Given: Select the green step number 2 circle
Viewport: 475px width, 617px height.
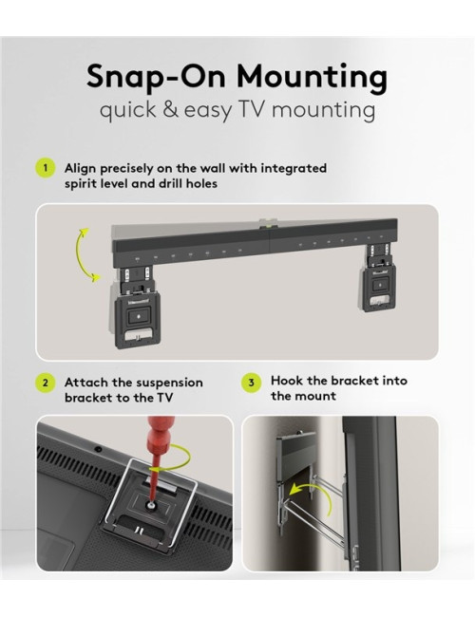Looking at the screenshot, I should click(45, 383).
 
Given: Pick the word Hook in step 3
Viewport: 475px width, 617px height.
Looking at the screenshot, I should click(288, 381).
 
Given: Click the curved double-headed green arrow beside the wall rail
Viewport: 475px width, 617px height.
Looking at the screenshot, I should click(86, 254).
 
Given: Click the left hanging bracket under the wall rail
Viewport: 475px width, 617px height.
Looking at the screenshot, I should click(139, 304).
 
